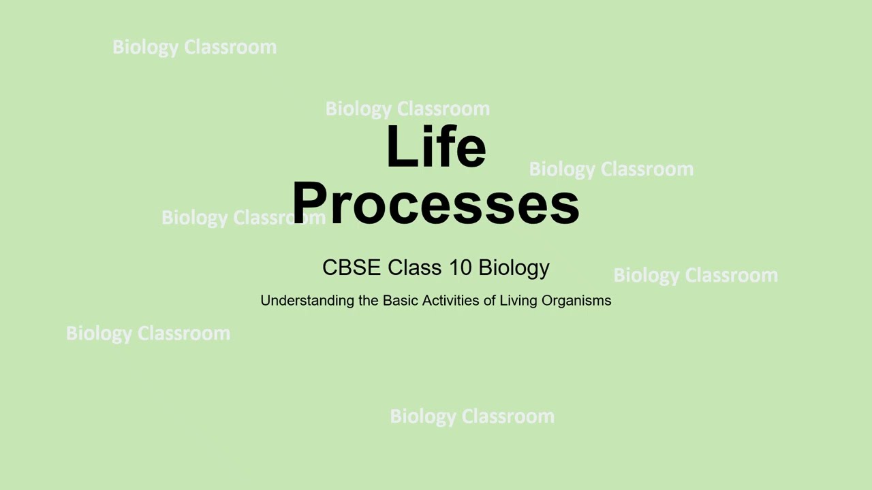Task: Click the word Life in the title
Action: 436,146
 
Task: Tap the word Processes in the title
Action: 436,203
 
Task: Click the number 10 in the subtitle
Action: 460,267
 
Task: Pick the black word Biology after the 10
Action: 514,268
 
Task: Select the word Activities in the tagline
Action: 450,300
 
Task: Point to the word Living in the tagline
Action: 518,301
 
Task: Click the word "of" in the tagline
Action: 489,300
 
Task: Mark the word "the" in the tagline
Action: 368,300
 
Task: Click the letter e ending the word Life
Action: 473,151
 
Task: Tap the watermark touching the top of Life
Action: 407,109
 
